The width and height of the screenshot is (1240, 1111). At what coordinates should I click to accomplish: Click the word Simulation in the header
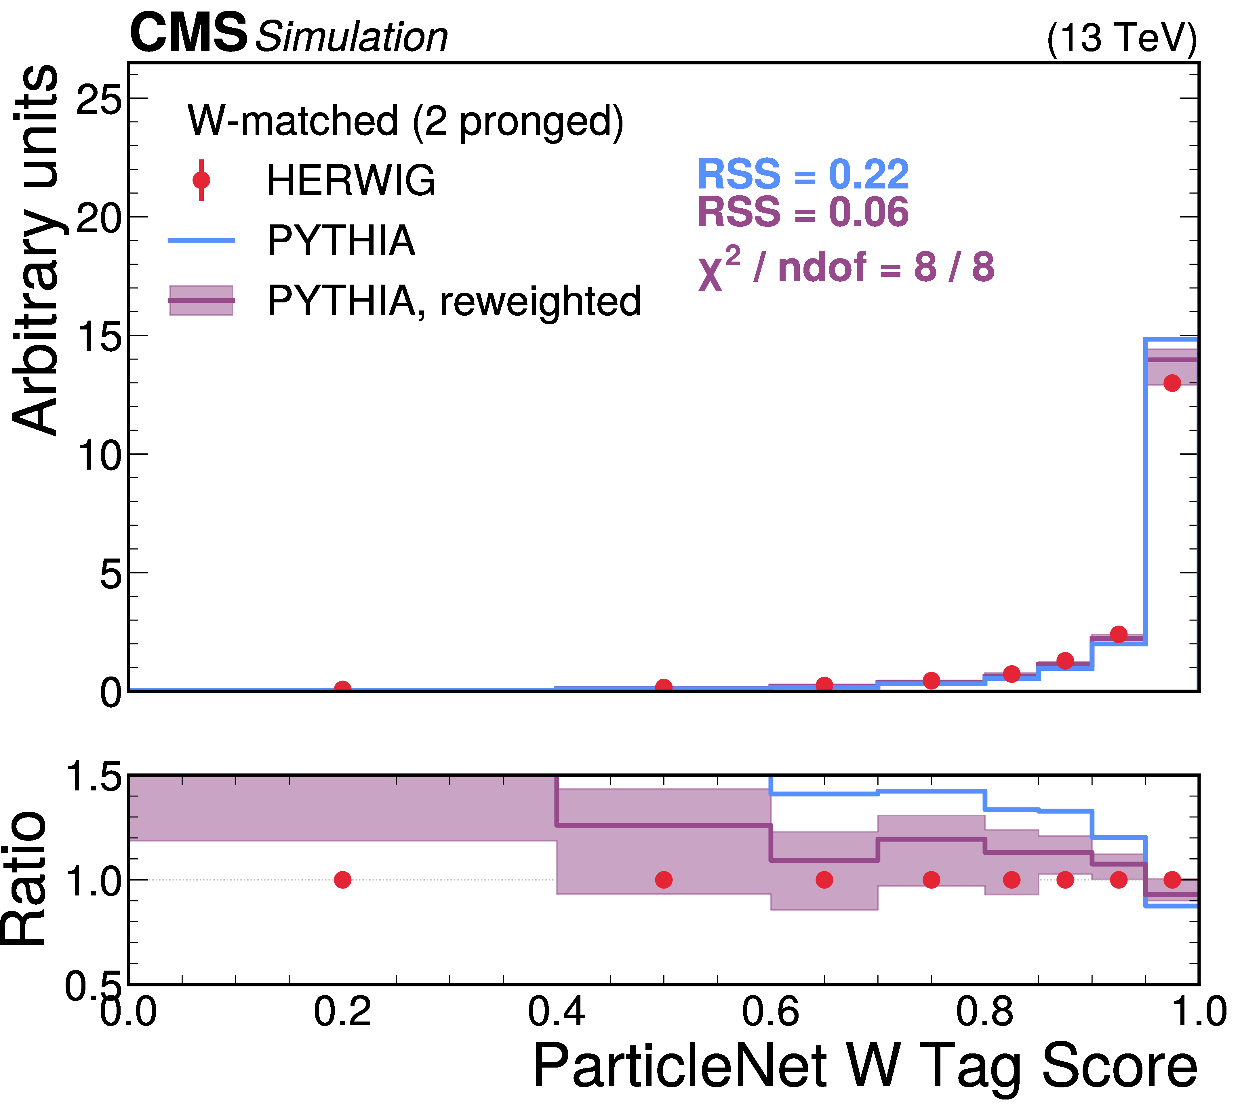click(x=351, y=37)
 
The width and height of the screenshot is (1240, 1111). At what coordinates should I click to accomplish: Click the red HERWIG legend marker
click(x=201, y=180)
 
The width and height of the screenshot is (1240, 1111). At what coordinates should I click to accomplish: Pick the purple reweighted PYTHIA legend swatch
click(x=201, y=300)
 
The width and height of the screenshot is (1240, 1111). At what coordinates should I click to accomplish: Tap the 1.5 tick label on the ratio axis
click(x=93, y=777)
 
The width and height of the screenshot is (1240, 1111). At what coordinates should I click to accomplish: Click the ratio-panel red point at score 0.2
click(x=342, y=880)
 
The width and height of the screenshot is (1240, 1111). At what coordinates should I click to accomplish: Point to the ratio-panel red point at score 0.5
click(x=664, y=880)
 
